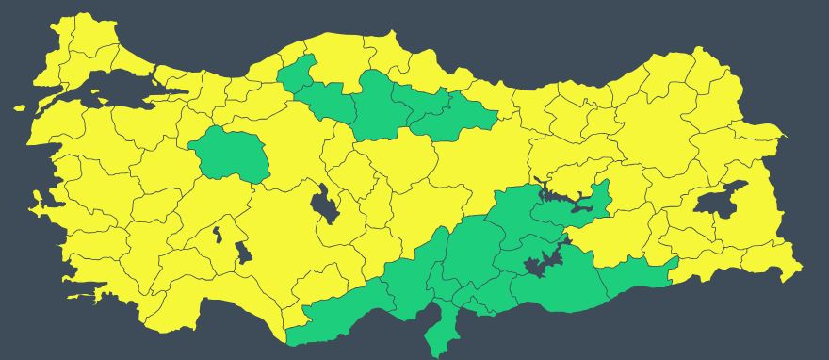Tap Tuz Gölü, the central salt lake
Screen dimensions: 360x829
tap(325, 205)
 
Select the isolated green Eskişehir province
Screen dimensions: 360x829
tap(230, 154)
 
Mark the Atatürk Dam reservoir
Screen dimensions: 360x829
tap(542, 266)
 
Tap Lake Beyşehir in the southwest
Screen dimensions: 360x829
tap(242, 253)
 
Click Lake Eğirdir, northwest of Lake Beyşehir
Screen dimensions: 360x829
tap(218, 234)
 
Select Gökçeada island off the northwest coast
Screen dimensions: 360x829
tap(20, 107)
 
